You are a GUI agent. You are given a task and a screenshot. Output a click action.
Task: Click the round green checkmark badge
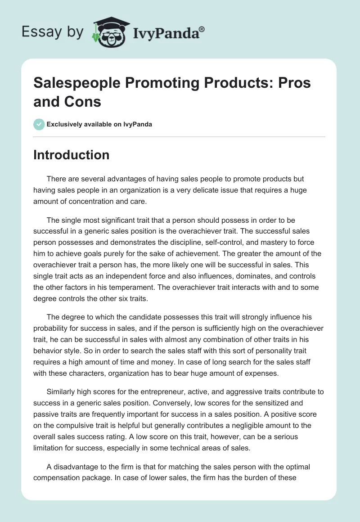pos(39,125)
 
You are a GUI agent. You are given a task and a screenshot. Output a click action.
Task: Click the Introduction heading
pos(72,155)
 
